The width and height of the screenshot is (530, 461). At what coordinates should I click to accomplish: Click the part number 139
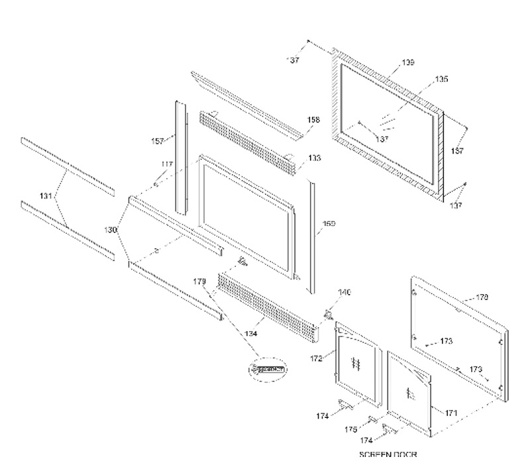click(x=408, y=63)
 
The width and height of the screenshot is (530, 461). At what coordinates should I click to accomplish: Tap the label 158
click(x=314, y=120)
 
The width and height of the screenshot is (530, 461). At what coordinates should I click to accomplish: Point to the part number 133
click(x=314, y=158)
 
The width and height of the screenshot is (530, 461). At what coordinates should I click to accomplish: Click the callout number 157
click(x=158, y=141)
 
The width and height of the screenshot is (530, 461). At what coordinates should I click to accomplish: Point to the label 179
click(x=199, y=282)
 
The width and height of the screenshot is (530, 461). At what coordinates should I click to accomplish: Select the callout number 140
click(x=344, y=292)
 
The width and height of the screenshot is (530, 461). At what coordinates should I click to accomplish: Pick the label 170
click(x=482, y=297)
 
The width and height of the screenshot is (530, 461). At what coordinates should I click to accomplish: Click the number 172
click(x=316, y=358)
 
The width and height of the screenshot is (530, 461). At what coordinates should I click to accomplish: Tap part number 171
click(x=451, y=413)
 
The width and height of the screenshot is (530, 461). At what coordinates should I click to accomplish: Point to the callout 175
click(x=351, y=429)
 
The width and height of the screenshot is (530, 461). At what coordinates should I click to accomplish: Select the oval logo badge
click(x=266, y=370)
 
